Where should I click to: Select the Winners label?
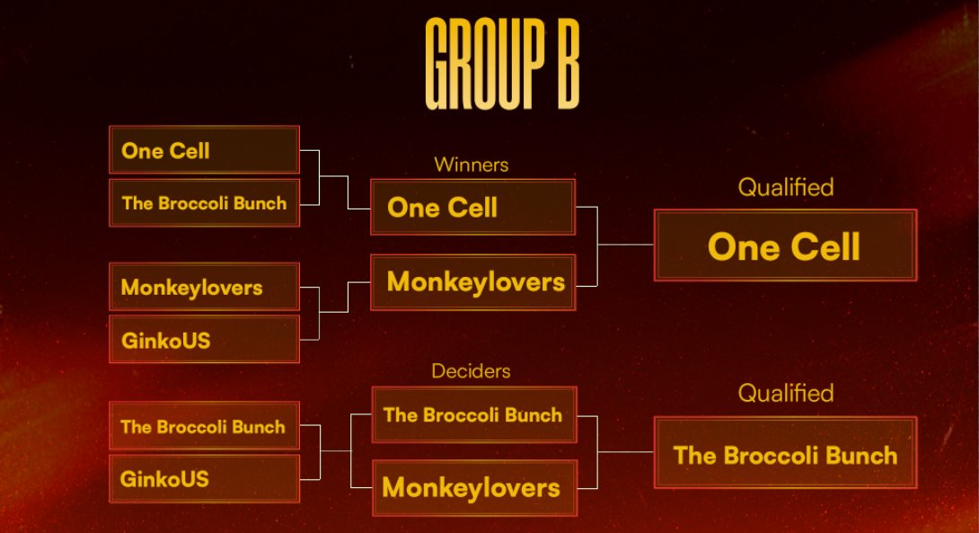[471, 165]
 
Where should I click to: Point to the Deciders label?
[471, 370]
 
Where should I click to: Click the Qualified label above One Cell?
[785, 188]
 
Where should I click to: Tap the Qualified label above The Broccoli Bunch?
[785, 394]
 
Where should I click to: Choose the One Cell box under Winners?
[472, 208]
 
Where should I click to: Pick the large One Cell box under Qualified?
[785, 245]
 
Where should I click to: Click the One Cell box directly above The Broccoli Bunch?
[204, 150]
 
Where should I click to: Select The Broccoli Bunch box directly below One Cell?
[204, 203]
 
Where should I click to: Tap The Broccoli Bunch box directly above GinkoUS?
[204, 427]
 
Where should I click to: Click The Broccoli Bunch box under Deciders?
[473, 415]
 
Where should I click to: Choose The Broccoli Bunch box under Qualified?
[785, 454]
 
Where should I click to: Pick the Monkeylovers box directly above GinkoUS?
[204, 288]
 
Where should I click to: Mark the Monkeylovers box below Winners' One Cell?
[473, 282]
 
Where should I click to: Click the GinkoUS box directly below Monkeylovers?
[204, 340]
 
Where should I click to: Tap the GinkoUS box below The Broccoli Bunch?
[204, 479]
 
